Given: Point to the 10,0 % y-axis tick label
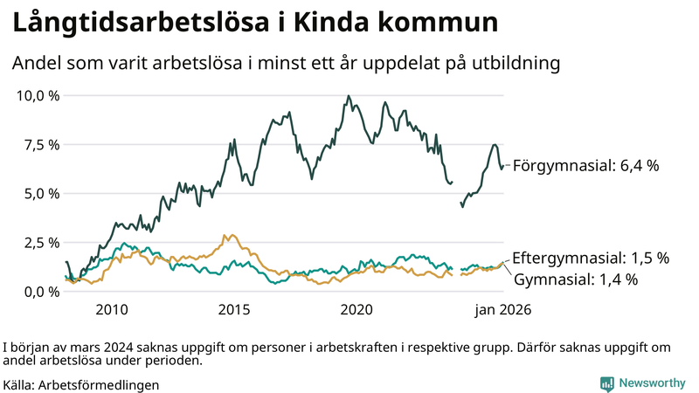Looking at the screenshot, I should [x=38, y=95].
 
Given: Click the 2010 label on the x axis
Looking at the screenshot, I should [x=112, y=310].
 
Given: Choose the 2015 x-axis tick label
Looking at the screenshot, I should [x=234, y=310].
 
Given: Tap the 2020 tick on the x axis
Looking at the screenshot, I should [x=356, y=310].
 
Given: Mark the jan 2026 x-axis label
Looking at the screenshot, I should [x=502, y=310].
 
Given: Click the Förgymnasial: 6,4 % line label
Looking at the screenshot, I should [x=585, y=165].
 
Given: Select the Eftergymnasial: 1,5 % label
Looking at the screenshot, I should [x=590, y=259].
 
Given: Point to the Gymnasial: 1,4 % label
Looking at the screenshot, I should [x=575, y=279].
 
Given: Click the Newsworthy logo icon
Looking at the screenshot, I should [x=606, y=383].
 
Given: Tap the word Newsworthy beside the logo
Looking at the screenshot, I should [x=653, y=383].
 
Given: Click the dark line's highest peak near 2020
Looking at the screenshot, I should [x=349, y=96].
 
